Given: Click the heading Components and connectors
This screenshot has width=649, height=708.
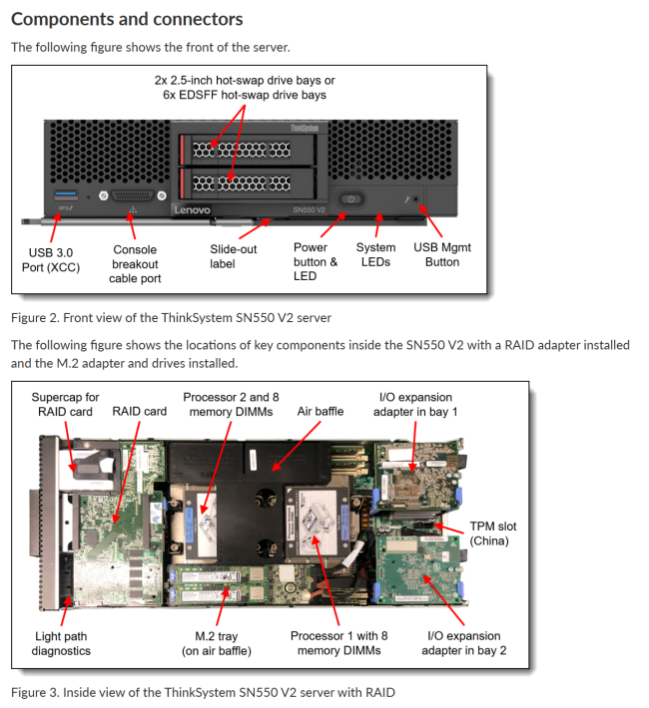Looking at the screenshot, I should [126, 19].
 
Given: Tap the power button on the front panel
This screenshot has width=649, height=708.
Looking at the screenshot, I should [348, 199].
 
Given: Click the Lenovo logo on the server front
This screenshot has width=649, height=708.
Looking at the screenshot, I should [193, 209].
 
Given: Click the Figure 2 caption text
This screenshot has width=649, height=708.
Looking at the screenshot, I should [171, 317].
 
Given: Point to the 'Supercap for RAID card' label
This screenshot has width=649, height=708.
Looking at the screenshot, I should [66, 403].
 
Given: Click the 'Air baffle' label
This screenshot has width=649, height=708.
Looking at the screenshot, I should [320, 410].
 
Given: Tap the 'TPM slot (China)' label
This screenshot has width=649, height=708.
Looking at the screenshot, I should [493, 533].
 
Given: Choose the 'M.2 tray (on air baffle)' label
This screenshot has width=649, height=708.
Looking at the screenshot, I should [210, 643].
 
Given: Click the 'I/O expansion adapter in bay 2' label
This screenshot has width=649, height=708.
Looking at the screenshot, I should [463, 643].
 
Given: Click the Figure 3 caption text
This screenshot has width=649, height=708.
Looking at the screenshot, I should [203, 692].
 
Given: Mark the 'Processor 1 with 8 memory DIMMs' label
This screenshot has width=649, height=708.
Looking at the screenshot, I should [338, 643].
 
